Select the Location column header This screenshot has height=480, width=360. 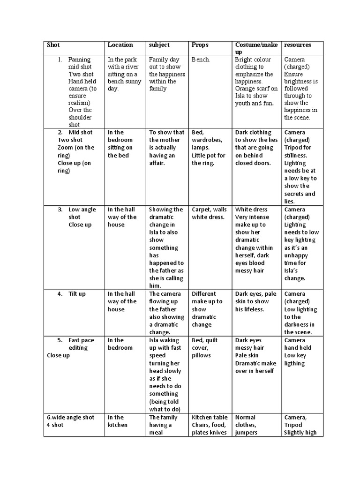click(120, 45)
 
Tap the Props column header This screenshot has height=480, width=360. click(200, 45)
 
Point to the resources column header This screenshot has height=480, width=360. click(298, 45)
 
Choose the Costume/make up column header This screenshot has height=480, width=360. click(256, 48)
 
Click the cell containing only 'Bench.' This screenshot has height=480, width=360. click(201, 60)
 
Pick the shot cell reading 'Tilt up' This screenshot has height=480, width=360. click(77, 294)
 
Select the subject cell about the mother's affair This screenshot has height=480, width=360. click(167, 147)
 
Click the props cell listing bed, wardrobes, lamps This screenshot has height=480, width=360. click(209, 148)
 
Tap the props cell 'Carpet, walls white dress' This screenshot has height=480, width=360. click(209, 213)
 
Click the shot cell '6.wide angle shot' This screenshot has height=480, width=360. click(70, 417)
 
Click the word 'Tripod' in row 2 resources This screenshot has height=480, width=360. click(294, 148)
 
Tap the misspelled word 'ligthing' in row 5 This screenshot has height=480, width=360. click(294, 363)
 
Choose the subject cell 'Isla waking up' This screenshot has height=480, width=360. click(167, 371)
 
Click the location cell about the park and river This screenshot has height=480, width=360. click(124, 74)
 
